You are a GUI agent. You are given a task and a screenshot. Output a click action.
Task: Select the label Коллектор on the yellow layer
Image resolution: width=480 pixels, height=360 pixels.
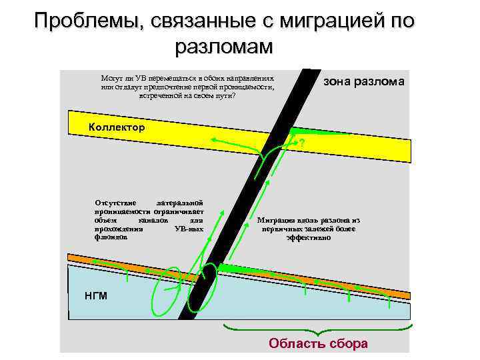click(x=117, y=127)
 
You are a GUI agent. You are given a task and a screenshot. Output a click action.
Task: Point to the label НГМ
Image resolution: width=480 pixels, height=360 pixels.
click(x=96, y=296)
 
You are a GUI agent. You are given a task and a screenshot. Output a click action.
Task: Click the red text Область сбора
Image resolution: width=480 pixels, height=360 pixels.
click(x=318, y=344)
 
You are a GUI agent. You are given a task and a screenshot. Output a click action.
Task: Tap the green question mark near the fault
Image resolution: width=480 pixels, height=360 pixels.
click(x=301, y=145)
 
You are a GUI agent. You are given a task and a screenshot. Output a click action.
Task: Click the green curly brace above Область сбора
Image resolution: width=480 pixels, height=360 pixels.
click(x=319, y=329)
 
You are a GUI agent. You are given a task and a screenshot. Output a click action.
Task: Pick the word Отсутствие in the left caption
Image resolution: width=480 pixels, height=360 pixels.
click(x=115, y=203)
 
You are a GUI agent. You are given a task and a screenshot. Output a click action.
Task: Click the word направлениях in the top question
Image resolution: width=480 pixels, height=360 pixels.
click(x=251, y=78)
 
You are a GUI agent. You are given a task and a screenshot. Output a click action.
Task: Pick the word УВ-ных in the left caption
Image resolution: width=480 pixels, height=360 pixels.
click(x=189, y=228)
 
